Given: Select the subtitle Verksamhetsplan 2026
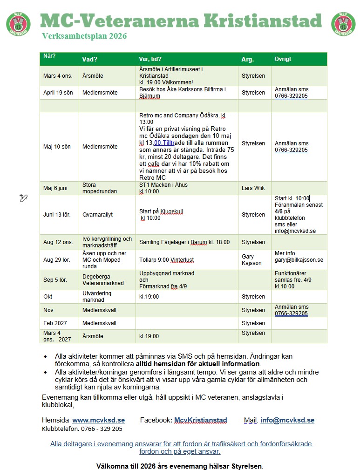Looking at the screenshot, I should (x=84, y=36).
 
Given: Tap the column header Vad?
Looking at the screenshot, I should (x=89, y=59).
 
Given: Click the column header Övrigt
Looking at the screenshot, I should (x=283, y=59).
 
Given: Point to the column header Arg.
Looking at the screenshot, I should (x=247, y=59).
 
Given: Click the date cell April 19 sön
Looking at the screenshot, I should (x=58, y=93).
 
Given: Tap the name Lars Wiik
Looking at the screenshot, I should (x=253, y=188).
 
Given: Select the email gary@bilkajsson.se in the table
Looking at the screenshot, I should (x=299, y=260).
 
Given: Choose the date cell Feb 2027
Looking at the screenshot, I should (x=54, y=323).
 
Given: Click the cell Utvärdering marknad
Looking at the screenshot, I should (x=97, y=297).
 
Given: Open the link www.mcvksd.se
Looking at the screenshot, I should (x=98, y=420).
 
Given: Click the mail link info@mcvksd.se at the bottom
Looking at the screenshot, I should (x=287, y=420).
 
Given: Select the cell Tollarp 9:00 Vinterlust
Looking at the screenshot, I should (x=164, y=260).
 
